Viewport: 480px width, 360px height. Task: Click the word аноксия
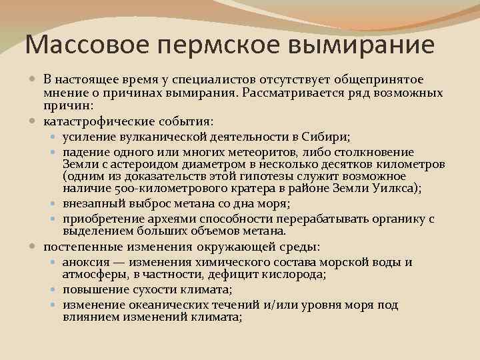83,262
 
